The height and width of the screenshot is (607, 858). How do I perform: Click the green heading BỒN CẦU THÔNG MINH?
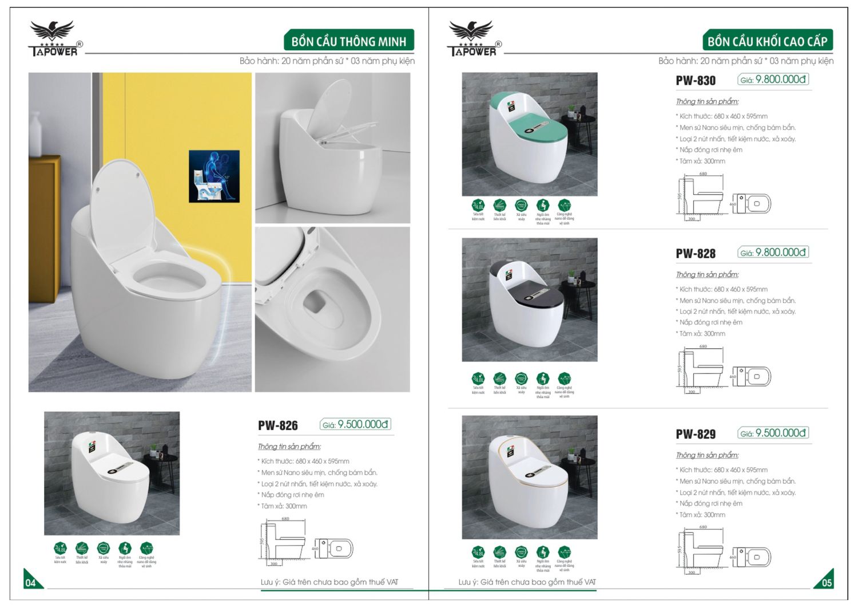(x=348, y=41)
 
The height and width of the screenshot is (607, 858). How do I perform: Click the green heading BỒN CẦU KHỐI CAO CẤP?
(x=767, y=41)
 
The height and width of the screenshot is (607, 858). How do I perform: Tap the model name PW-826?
(x=277, y=425)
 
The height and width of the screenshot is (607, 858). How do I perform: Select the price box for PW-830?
(x=773, y=80)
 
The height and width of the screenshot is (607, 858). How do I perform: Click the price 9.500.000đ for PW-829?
(x=780, y=433)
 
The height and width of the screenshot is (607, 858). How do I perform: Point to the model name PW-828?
(x=696, y=253)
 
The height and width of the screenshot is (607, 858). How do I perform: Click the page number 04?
(x=30, y=583)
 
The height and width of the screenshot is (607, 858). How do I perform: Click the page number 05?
(x=827, y=583)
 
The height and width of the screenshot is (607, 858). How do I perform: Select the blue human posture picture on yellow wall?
(x=214, y=176)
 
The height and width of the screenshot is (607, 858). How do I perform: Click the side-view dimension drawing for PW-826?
(x=283, y=541)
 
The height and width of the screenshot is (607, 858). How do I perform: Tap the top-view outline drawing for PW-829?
(x=752, y=557)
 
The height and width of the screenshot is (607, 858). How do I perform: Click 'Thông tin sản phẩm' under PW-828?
(x=707, y=274)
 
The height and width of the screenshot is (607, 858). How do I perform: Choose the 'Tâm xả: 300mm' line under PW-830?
(x=702, y=161)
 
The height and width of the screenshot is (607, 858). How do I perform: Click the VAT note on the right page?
(x=526, y=582)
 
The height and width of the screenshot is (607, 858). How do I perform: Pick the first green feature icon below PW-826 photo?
(x=60, y=549)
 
